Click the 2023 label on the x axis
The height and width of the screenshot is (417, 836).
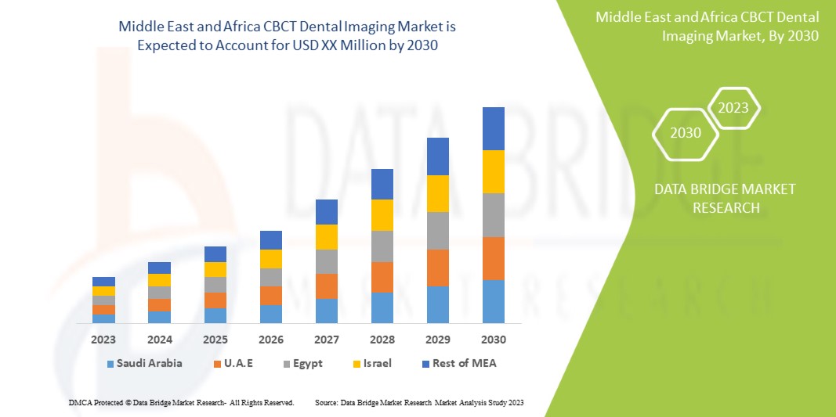[103, 340]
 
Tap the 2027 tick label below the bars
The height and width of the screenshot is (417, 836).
[326, 340]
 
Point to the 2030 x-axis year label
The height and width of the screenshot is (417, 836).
[493, 340]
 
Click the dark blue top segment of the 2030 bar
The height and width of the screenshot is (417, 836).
[493, 128]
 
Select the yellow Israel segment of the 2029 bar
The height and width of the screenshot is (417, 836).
[437, 193]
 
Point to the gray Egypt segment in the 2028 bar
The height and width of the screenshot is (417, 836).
[382, 246]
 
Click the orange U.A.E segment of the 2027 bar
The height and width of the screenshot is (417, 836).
[326, 286]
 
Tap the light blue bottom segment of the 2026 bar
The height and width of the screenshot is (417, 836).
[270, 314]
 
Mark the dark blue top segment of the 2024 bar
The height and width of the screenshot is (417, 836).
[159, 268]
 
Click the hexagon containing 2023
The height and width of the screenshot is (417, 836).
[733, 108]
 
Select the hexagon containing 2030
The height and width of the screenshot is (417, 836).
[686, 132]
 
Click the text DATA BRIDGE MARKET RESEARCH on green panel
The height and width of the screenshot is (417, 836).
[714, 198]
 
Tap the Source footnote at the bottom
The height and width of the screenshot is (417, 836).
[418, 402]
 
